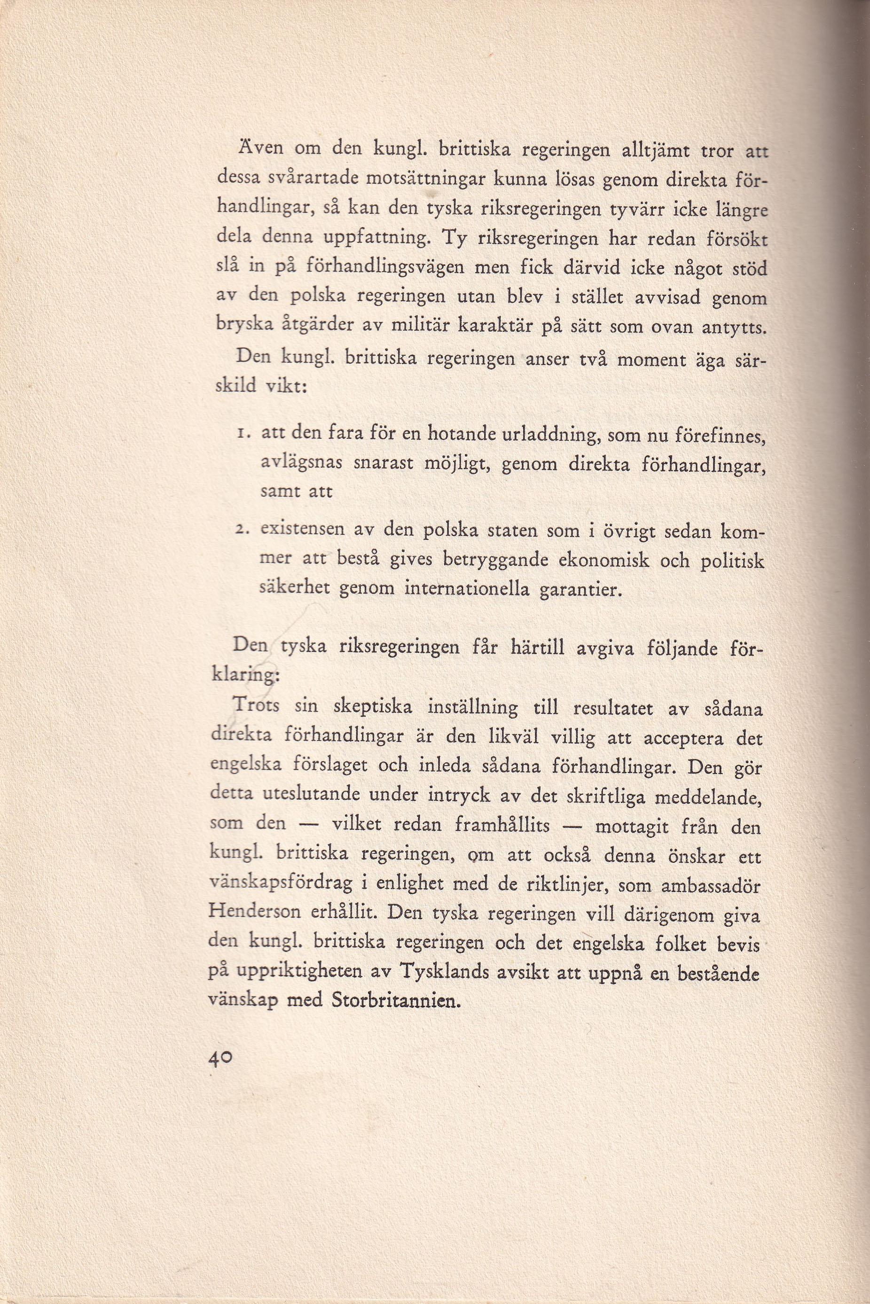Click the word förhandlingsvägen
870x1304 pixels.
coord(376,270)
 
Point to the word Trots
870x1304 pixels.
coord(256,706)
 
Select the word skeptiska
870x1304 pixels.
coord(372,708)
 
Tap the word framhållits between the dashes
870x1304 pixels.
coord(502,825)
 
